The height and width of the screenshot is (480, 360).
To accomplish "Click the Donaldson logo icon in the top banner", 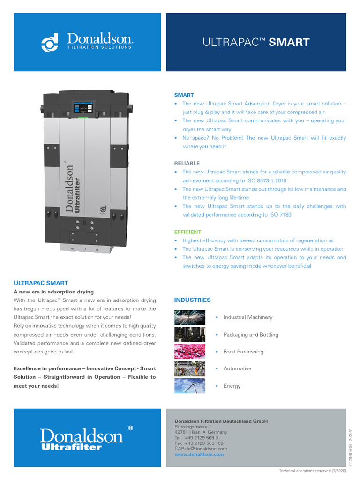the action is click(x=49, y=42).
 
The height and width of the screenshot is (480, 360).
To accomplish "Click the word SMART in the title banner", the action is click(x=290, y=42).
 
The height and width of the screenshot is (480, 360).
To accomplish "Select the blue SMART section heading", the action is click(x=184, y=95).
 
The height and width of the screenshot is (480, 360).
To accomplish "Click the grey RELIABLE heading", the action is click(x=187, y=163).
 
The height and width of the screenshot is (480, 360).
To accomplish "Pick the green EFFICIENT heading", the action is click(x=187, y=232).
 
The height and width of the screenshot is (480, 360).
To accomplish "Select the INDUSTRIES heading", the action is click(x=192, y=300).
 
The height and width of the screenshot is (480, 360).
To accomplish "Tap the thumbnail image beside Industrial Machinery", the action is click(x=189, y=317).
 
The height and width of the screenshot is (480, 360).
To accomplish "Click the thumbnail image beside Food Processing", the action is click(x=189, y=352).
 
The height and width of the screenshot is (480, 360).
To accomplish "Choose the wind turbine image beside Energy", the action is click(x=189, y=386).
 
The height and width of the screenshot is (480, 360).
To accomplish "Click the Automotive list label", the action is click(x=237, y=369).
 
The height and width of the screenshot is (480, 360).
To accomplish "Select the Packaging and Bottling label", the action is click(x=251, y=335).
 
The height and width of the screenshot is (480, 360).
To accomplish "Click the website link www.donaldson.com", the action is click(x=199, y=454).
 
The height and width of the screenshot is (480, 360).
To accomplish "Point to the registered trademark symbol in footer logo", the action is click(x=130, y=428).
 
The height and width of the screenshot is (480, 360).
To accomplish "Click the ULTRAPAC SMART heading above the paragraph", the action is click(x=41, y=283).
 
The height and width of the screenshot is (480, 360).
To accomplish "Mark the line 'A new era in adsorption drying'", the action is click(x=53, y=292).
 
